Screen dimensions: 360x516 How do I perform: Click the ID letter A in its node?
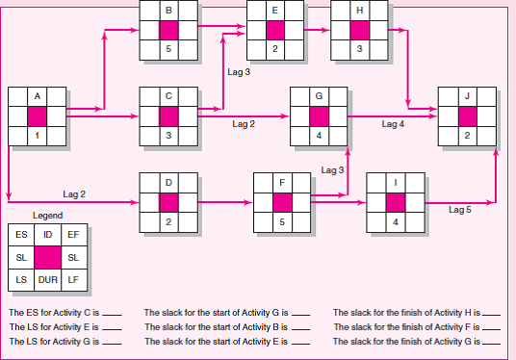pos(37,96)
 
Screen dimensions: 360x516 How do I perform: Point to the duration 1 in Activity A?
pos(37,136)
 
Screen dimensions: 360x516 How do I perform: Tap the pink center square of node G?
pos(319,116)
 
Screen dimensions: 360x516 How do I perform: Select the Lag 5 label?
pos(462,208)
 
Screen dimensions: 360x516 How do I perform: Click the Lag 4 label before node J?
pos(394,124)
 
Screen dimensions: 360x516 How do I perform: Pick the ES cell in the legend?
pos(21,234)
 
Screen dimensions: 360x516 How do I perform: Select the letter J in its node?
pos(467,96)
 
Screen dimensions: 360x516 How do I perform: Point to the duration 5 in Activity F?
pos(281,221)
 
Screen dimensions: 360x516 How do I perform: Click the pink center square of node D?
pos(168,202)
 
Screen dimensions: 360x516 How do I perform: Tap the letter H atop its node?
pos(358,9)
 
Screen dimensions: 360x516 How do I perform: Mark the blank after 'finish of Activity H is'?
pos(492,313)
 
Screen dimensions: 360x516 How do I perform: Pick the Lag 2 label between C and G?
pos(244,124)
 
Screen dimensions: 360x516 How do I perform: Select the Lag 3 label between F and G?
pos(332,170)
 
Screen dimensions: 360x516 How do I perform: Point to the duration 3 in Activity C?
pos(168,136)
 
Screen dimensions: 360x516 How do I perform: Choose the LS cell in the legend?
pos(21,279)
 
